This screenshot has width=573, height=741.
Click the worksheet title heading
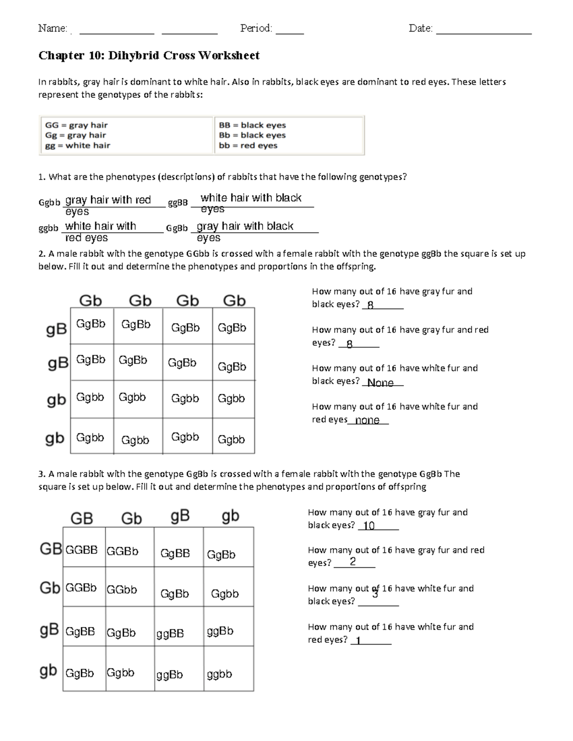149,56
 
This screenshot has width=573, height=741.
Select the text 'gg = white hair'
77,146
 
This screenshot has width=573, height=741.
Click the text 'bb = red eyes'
248,146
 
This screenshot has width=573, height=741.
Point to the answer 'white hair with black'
251,198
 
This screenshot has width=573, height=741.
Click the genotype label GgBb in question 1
177,229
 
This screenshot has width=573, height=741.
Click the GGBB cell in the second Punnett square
81,550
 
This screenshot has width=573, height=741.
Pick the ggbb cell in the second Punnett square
219,674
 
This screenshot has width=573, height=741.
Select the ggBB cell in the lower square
170,634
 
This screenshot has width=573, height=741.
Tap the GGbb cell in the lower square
122,590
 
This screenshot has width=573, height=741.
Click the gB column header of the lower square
180,516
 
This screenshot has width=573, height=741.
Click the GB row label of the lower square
50,549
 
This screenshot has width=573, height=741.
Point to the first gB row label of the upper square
56,330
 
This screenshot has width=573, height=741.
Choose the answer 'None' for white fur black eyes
380,383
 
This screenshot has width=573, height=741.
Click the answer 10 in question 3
369,526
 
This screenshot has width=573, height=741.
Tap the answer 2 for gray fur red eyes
352,562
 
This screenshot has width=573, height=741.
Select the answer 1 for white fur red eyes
358,641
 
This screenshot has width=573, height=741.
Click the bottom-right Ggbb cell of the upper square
231,439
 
